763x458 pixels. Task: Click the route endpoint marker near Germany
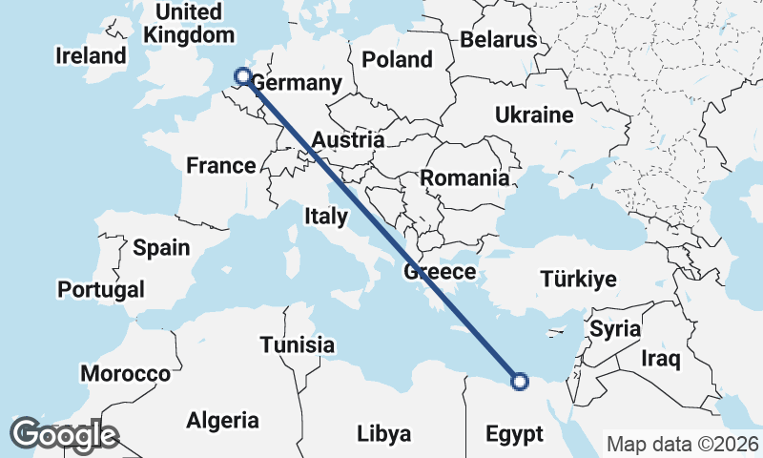point(242,76)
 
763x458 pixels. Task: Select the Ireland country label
point(91,56)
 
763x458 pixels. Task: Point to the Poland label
point(397,59)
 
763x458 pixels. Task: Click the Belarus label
point(499,40)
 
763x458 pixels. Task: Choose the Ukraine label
point(534,115)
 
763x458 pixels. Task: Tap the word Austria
point(347,139)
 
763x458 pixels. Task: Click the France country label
point(221,166)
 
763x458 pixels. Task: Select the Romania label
point(464,178)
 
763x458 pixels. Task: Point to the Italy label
point(326,217)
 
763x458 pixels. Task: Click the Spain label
point(161,248)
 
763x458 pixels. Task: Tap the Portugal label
point(101,289)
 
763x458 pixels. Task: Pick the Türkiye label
point(578,280)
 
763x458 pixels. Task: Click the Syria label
point(615,329)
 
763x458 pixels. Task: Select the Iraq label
point(660,359)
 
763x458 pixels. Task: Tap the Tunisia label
point(298,344)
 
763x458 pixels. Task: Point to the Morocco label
point(125,373)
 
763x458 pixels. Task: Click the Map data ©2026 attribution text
point(682,444)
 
